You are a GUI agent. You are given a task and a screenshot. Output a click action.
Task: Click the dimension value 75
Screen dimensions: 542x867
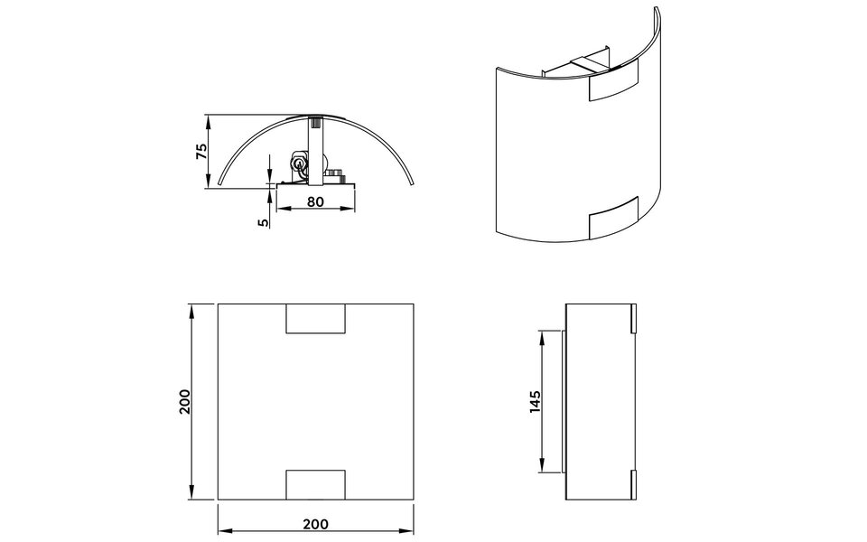[202, 151]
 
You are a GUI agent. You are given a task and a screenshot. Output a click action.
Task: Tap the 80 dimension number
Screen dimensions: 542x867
[314, 201]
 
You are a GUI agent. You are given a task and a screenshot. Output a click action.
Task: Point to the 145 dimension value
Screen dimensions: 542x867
[535, 401]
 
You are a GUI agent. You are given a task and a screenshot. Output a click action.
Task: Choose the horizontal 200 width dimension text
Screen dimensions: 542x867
[314, 523]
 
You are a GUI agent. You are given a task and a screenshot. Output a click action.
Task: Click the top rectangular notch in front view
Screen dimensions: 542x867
[315, 319]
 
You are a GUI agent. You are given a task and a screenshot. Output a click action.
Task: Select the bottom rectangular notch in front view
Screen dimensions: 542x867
[315, 485]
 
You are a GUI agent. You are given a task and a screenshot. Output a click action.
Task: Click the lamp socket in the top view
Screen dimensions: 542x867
[299, 164]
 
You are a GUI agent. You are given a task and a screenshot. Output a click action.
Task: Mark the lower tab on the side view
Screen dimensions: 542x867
[634, 485]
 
